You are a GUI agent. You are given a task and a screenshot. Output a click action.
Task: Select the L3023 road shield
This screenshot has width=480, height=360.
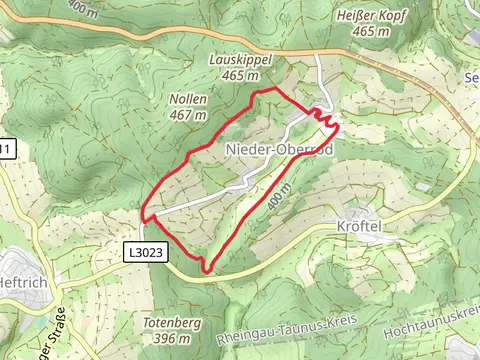pyautogui.click(x=144, y=254)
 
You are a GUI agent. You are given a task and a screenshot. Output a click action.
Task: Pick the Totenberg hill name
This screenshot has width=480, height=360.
pyautogui.click(x=165, y=324)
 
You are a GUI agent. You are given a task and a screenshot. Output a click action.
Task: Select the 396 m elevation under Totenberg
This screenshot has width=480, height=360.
pyautogui.click(x=165, y=338)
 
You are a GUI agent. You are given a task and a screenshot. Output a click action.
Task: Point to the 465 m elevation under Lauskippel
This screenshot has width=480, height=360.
pyautogui.click(x=240, y=75)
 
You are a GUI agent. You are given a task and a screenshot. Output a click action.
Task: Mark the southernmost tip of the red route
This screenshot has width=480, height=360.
pyautogui.click(x=207, y=271)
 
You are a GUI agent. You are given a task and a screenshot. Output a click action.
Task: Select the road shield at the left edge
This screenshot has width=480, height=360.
pyautogui.click(x=5, y=150)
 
